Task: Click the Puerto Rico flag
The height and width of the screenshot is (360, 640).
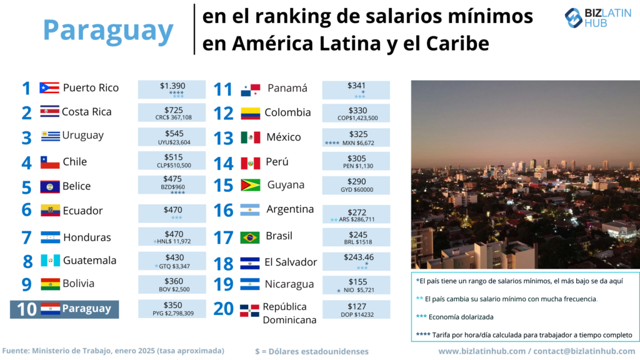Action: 49,88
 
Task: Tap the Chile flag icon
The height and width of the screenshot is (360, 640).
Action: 50,162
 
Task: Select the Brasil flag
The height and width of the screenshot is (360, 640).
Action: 250,237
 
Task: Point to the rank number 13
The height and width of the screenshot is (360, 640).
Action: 223,138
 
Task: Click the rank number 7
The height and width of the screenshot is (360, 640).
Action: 26,237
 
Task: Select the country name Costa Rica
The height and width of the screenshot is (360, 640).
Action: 87,112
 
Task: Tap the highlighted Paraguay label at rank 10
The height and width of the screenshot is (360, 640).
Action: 86,309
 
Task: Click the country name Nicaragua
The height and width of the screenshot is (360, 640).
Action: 289,284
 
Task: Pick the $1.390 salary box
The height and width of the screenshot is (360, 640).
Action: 172,89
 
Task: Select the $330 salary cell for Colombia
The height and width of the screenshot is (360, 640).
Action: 356,113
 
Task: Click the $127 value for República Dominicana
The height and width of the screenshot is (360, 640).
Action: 356,309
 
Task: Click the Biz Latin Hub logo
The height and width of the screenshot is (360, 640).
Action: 598,18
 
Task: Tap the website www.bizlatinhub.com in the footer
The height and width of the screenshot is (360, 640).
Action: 481,351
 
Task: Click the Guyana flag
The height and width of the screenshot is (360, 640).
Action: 250,186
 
